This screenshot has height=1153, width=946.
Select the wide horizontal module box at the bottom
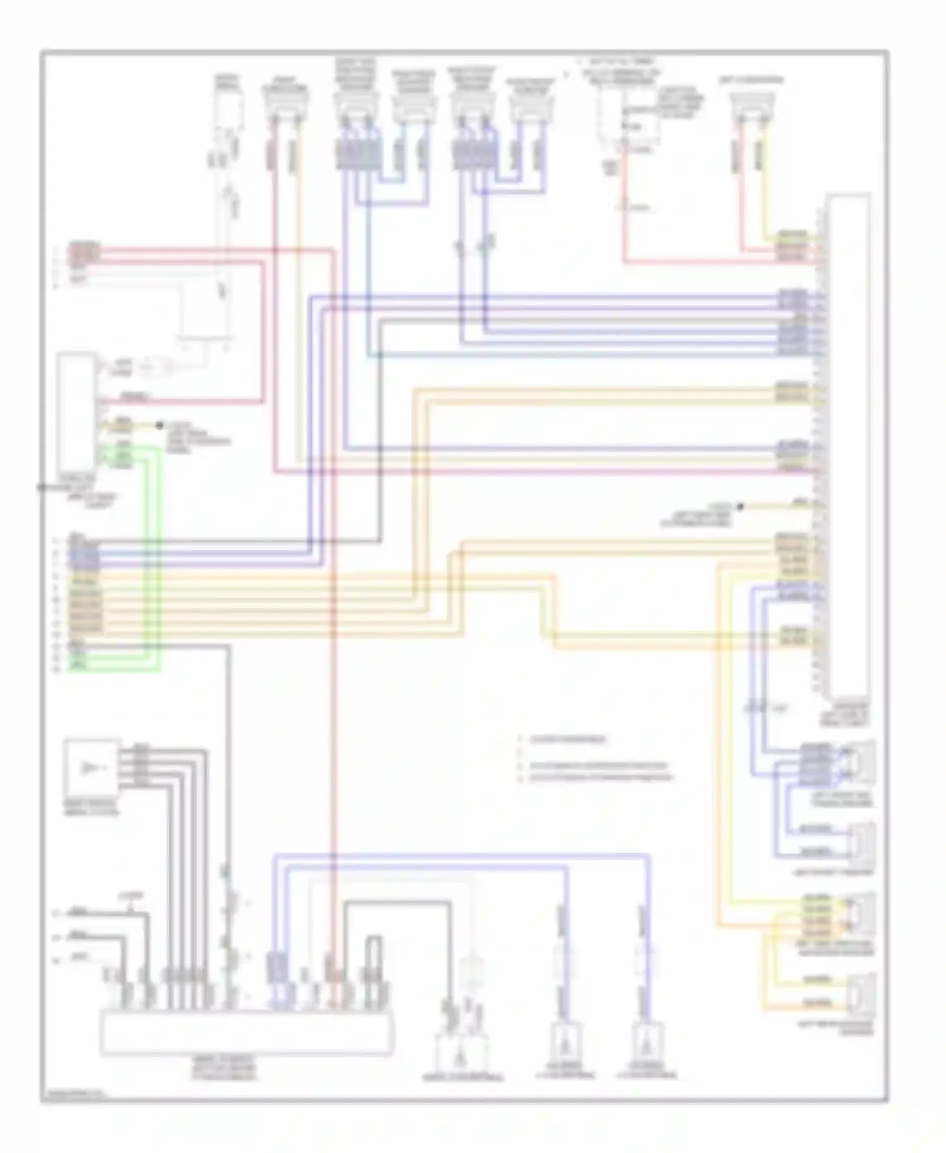point(246,1032)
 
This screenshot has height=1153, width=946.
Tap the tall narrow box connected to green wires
point(76,413)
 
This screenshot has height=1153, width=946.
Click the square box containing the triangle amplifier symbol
point(91,768)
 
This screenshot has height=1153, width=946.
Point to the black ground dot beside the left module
point(160,426)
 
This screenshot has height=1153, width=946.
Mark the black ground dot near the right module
point(740,506)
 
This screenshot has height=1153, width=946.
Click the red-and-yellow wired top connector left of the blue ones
point(286,107)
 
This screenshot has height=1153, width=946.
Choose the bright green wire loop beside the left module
point(155,555)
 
